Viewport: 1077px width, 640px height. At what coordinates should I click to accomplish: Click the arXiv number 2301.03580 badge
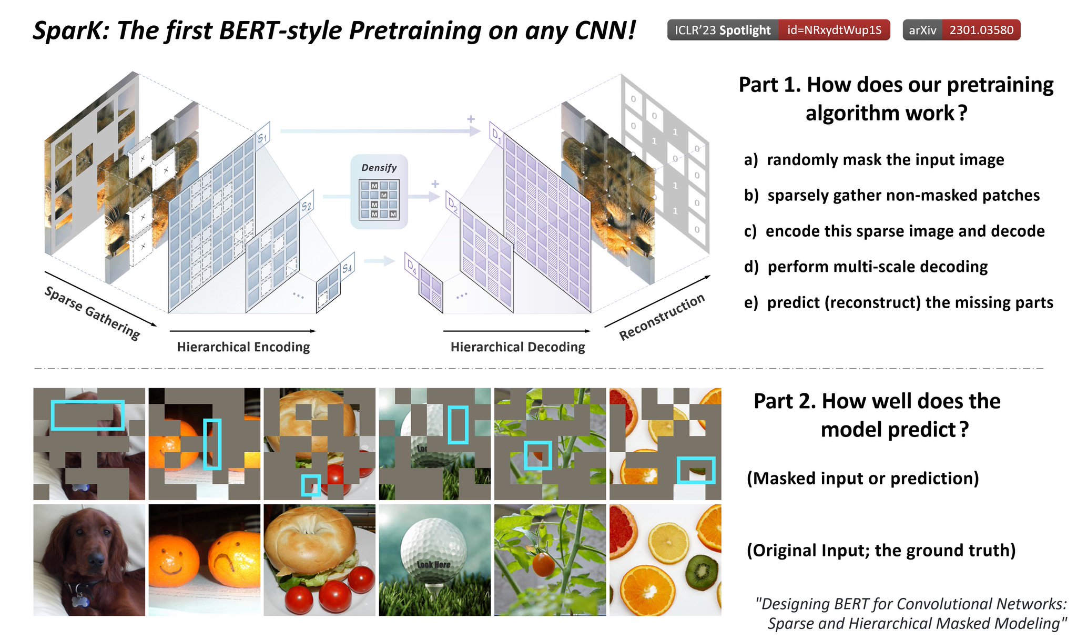click(x=981, y=30)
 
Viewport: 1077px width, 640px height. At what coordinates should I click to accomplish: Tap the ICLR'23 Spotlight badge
click(x=723, y=30)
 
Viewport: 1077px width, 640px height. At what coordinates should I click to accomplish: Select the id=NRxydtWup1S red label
click(x=834, y=30)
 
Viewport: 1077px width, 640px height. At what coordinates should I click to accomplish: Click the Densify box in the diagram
click(x=379, y=192)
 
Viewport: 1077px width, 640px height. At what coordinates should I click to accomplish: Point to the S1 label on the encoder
click(x=262, y=137)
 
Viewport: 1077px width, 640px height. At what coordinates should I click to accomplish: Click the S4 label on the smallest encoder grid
click(x=347, y=268)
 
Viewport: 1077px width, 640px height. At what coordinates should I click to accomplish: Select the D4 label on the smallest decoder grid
click(x=412, y=267)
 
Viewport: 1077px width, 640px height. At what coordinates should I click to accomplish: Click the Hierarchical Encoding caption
click(x=243, y=347)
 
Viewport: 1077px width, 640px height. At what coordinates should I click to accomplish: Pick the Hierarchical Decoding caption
click(x=517, y=347)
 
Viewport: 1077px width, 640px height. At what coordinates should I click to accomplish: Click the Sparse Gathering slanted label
click(x=93, y=313)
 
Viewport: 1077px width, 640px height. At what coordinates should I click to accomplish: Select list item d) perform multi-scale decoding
click(x=866, y=267)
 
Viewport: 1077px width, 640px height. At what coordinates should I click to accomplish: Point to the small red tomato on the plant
click(x=543, y=564)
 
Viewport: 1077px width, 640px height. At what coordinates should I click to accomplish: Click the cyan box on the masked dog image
click(x=88, y=415)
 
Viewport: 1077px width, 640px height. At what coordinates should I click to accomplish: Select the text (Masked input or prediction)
click(x=862, y=478)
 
